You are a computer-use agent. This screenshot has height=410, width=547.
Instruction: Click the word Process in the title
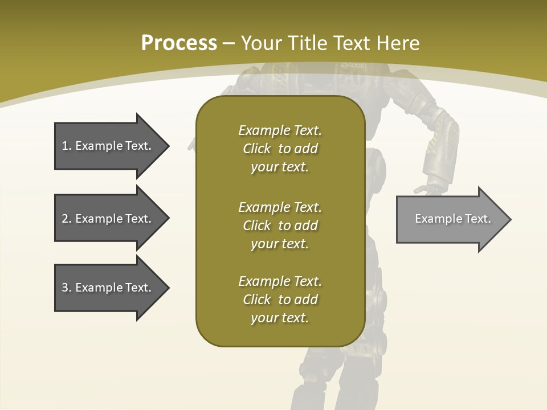(x=179, y=43)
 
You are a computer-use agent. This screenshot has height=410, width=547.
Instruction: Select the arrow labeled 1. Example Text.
(x=107, y=146)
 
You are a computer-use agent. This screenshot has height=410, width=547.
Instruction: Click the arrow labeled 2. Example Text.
(x=107, y=219)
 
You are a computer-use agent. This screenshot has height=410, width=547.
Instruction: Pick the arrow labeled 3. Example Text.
(x=107, y=288)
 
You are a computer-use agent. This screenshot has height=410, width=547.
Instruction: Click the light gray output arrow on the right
(x=452, y=219)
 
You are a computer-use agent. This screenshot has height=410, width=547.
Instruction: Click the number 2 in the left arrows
(x=65, y=219)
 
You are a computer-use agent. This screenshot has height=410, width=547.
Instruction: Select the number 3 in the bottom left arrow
(x=65, y=288)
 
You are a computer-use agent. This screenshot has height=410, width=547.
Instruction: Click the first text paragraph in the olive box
(x=280, y=149)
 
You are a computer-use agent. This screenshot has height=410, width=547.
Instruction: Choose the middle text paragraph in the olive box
(x=280, y=225)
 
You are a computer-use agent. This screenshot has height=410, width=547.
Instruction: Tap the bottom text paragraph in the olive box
(x=280, y=300)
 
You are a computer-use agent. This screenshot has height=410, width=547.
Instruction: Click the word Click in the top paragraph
(x=256, y=149)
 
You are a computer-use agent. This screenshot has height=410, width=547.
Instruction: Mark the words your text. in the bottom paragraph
(x=279, y=318)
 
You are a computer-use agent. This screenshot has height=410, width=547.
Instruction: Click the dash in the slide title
(x=229, y=44)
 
